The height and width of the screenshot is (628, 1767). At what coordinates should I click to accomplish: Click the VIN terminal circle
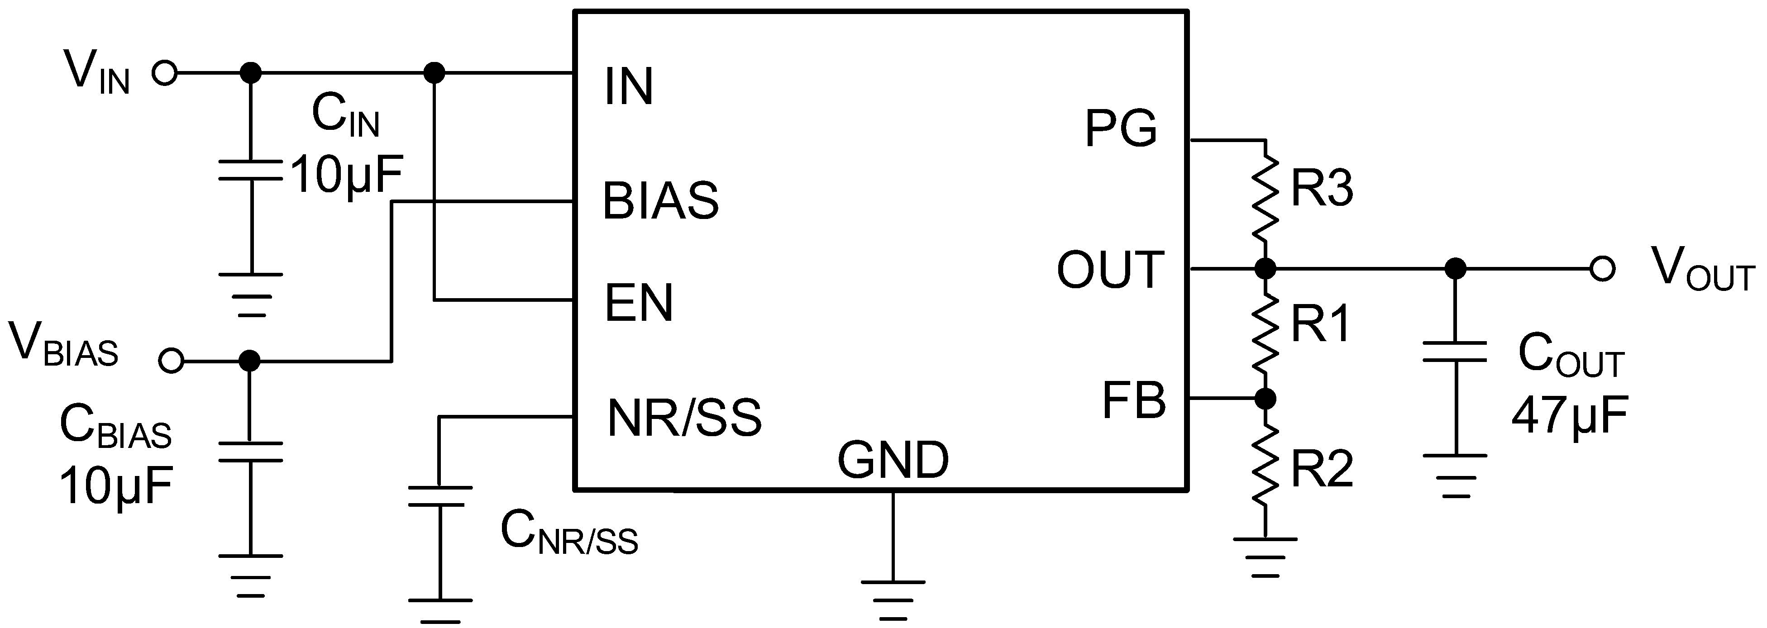pyautogui.click(x=165, y=72)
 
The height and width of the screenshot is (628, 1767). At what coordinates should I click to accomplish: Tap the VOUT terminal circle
pyautogui.click(x=1602, y=269)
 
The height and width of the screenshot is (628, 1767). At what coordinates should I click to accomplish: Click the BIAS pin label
pyautogui.click(x=660, y=201)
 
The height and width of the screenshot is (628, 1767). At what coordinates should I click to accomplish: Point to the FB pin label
pyautogui.click(x=1134, y=400)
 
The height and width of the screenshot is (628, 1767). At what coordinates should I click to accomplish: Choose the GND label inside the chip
pyautogui.click(x=893, y=460)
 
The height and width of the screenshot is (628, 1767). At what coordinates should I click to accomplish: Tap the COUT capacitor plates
pyautogui.click(x=1454, y=351)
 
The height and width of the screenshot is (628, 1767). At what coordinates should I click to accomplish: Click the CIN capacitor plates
pyautogui.click(x=250, y=171)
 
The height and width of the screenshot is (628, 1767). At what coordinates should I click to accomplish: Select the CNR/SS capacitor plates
pyautogui.click(x=439, y=496)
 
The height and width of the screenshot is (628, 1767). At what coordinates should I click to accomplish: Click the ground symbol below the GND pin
pyautogui.click(x=893, y=600)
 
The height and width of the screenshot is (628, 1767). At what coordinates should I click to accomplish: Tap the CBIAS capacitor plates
pyautogui.click(x=250, y=452)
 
